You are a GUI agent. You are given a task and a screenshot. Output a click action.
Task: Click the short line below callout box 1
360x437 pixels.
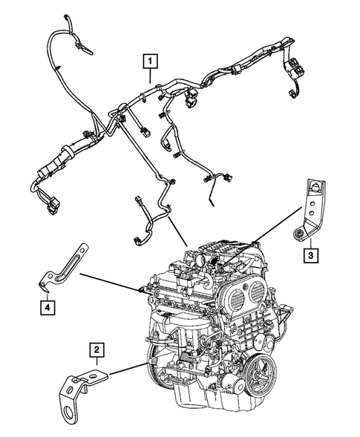pos(151,73)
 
